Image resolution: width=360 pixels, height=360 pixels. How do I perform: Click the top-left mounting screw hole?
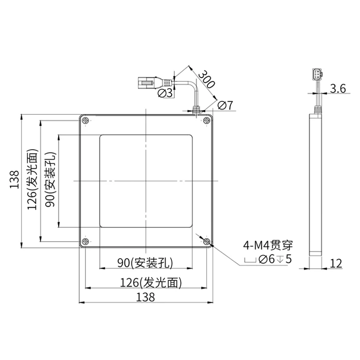tap(85, 120)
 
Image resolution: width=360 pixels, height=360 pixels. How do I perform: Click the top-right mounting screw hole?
tap(207, 120)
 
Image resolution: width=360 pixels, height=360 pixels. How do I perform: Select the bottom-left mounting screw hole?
tap(85, 241)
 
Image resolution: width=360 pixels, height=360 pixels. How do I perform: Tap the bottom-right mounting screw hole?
tap(207, 241)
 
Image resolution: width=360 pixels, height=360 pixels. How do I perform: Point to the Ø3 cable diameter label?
tap(165, 93)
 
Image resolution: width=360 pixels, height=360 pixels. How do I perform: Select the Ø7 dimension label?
tap(225, 105)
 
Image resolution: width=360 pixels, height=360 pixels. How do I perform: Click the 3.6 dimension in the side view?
tap(338, 88)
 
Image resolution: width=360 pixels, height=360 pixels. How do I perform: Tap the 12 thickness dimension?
tap(336, 263)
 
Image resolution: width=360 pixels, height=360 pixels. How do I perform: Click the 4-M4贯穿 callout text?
tap(268, 245)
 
